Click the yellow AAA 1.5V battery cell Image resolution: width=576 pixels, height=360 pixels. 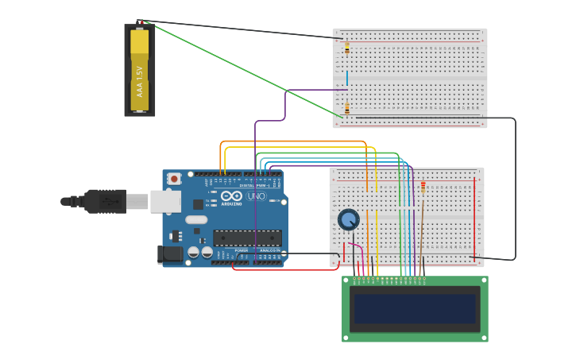[139, 70]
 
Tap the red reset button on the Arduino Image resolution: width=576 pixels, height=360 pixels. [174, 179]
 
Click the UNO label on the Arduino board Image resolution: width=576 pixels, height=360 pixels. [257, 195]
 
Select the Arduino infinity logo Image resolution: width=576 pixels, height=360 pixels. [232, 195]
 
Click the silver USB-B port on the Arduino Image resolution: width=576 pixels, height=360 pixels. [165, 202]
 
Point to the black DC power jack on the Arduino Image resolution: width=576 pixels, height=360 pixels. [169, 254]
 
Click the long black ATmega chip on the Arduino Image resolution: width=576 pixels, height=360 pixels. [247, 237]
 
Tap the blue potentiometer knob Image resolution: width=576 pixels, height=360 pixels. [348, 219]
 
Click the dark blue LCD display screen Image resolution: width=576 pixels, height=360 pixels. [415, 309]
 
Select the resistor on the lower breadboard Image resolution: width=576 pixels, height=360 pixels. [422, 188]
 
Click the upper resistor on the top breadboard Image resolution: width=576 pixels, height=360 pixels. [346, 48]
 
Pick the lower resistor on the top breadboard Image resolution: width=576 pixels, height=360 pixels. [346, 108]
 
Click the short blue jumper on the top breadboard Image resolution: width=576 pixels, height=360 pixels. [346, 78]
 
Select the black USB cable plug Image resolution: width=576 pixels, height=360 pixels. [103, 202]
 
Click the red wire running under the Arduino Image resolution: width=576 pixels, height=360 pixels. [286, 269]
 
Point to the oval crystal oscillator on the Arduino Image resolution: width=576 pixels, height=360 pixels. [197, 219]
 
